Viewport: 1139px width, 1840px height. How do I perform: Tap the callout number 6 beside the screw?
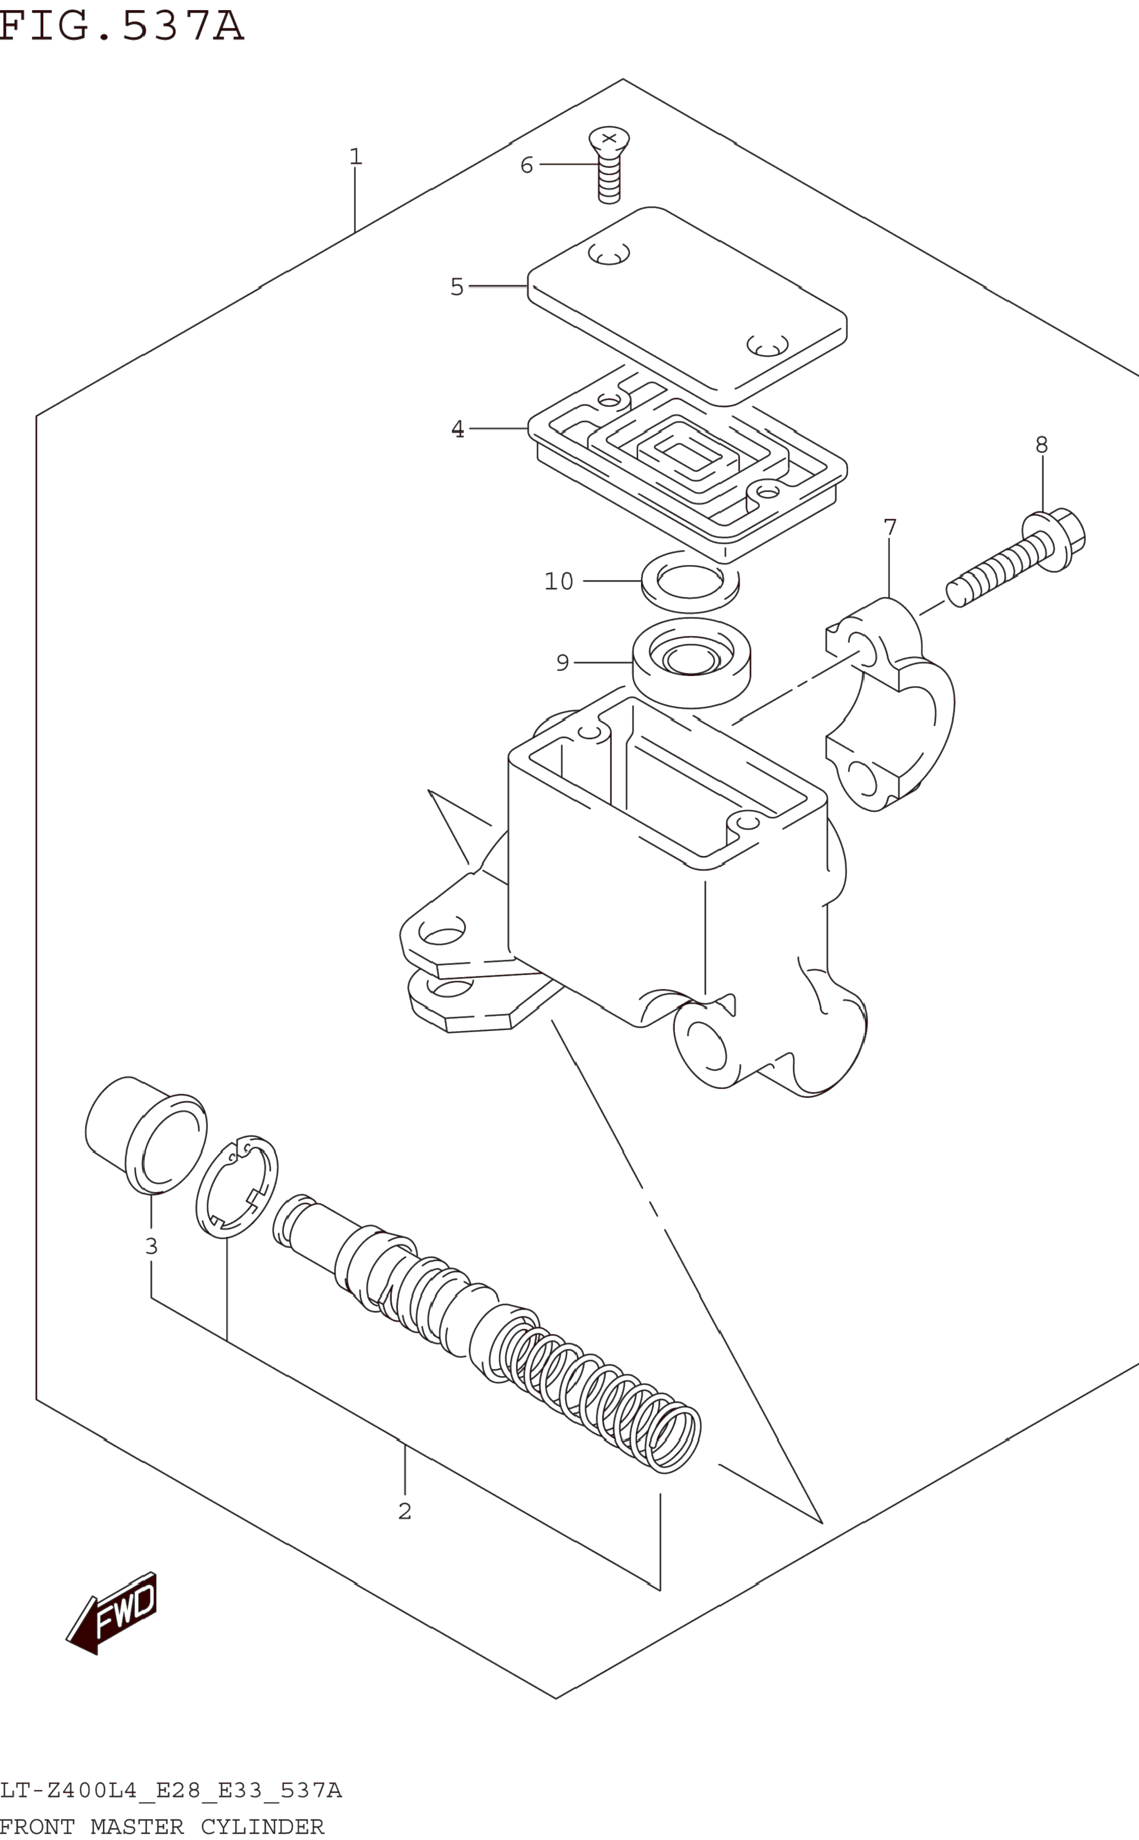[x=527, y=165]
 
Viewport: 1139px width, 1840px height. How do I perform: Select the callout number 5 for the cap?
[x=457, y=287]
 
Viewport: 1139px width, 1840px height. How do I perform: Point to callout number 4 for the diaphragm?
[x=457, y=429]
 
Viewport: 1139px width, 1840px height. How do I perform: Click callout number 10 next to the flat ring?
[x=558, y=582]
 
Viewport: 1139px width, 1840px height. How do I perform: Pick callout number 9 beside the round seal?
[x=562, y=663]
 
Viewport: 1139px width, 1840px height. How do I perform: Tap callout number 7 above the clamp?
[x=889, y=527]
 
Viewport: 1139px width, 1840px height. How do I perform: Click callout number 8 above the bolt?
[x=1041, y=445]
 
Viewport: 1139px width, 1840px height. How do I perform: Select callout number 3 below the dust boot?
[x=151, y=1246]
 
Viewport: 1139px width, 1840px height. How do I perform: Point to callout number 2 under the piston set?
[x=405, y=1511]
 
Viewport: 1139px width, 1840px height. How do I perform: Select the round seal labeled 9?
[x=691, y=662]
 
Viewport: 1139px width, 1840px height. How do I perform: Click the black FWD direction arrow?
[x=113, y=1614]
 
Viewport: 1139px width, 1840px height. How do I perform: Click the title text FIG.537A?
[x=121, y=26]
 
